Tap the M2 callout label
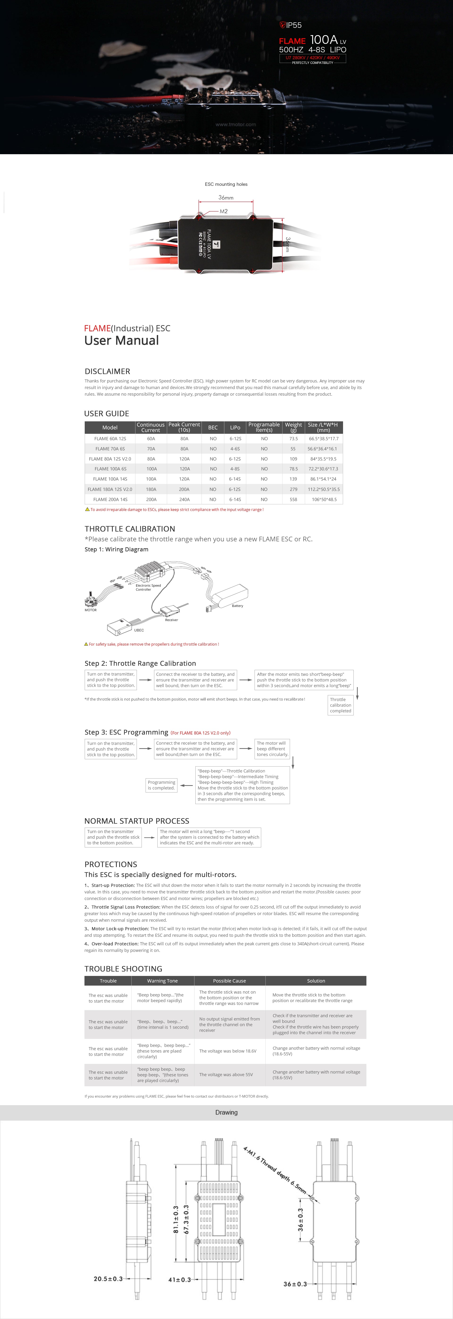[x=223, y=211]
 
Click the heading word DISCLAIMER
[x=107, y=371]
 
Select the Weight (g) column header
[x=293, y=427]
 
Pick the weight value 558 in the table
[x=293, y=499]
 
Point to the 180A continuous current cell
[x=151, y=489]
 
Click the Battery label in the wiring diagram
[x=237, y=606]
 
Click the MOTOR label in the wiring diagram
[x=91, y=610]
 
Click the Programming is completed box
[x=161, y=785]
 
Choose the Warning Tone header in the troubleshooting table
[x=163, y=981]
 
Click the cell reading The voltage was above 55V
[x=226, y=1074]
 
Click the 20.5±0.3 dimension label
[x=108, y=1278]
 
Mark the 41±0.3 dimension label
[x=179, y=1280]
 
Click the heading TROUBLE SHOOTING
[x=123, y=968]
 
